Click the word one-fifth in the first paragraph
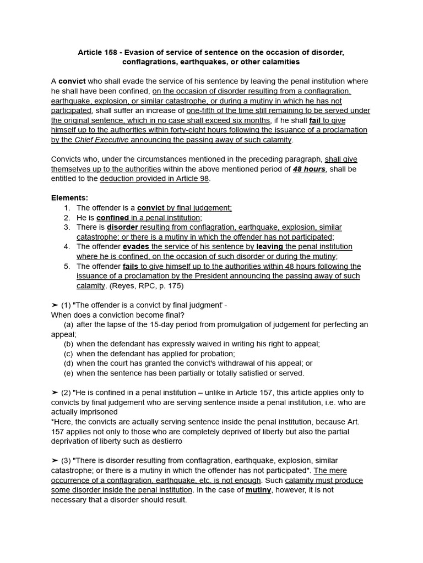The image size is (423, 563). coord(204,111)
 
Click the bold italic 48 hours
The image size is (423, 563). coord(308,169)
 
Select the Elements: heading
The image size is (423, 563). coord(69,198)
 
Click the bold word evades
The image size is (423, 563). coord(135,247)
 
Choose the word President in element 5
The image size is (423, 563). coord(223,276)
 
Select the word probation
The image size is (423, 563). coord(216,354)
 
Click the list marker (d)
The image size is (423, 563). coord(68,363)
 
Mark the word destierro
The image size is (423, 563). coord(162,441)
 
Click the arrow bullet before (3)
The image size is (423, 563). coord(55,460)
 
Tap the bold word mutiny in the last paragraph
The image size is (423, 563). coord(258,490)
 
